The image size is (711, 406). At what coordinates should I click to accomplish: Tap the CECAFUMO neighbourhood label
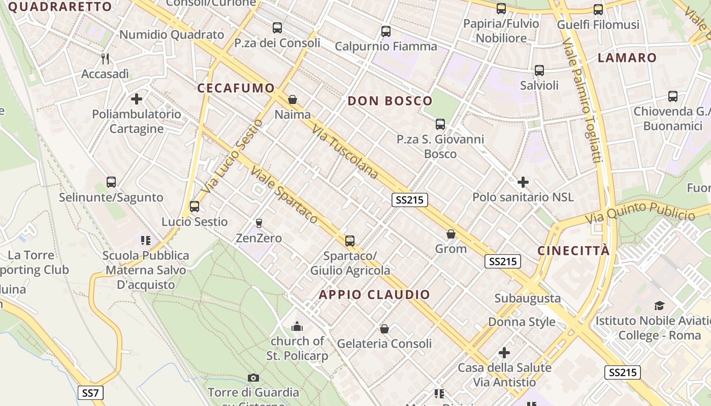click(236, 88)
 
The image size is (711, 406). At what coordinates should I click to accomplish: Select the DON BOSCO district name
click(390, 100)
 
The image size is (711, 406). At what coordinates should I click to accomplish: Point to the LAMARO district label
click(627, 57)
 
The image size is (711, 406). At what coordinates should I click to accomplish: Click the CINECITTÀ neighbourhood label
click(573, 250)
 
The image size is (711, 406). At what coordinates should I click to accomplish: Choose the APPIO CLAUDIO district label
click(374, 294)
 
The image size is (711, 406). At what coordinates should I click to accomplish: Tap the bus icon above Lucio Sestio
click(195, 207)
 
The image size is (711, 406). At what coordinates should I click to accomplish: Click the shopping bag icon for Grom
click(450, 234)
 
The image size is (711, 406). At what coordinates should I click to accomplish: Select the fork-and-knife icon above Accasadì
click(105, 59)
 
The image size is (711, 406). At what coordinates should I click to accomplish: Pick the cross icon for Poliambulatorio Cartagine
click(137, 99)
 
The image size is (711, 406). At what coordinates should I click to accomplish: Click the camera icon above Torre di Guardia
click(253, 378)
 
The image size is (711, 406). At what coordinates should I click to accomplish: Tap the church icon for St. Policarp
click(297, 326)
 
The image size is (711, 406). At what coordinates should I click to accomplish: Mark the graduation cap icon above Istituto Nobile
click(659, 306)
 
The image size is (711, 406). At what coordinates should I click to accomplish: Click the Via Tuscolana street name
click(345, 152)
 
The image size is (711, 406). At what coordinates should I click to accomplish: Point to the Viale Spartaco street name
click(284, 194)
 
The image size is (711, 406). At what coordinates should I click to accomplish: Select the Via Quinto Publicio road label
click(640, 212)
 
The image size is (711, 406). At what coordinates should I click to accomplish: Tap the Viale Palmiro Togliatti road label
click(582, 101)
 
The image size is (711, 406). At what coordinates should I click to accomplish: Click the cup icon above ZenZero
click(258, 223)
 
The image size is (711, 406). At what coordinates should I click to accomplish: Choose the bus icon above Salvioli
click(539, 71)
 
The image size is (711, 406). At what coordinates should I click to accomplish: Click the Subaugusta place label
click(528, 298)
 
